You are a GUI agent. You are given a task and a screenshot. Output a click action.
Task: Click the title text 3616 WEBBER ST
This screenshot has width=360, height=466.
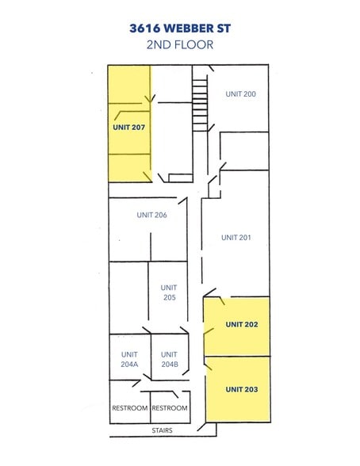[180, 27]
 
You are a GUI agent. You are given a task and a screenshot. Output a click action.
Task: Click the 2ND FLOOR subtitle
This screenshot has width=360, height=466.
[180, 44]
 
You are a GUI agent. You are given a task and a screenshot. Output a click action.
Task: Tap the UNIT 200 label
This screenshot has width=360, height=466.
[240, 94]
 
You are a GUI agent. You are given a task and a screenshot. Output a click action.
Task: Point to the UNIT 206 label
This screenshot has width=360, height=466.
[151, 215]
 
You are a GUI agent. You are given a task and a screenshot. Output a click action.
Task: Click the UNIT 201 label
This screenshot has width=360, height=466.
[236, 237]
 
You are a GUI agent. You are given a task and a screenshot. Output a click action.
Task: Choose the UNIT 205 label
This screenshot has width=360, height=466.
[168, 292]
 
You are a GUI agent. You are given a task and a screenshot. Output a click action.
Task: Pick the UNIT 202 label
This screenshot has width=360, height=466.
[242, 324]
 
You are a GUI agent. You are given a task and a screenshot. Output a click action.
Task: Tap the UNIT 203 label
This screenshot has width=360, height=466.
[242, 389]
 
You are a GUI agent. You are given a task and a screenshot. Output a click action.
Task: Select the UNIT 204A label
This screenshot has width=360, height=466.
[129, 359]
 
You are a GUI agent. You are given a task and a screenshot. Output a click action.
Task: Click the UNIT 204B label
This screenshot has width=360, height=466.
[170, 359]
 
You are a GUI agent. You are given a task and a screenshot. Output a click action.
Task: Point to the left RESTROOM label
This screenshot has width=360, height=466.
[129, 408]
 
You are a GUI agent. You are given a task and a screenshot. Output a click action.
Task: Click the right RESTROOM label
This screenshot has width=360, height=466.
[170, 408]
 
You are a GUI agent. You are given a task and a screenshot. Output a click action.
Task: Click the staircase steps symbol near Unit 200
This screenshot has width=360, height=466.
[200, 103]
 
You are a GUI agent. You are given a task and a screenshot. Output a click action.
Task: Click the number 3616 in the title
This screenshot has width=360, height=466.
[145, 27]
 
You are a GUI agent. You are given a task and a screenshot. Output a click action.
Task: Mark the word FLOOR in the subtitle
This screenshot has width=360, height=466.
[196, 44]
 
